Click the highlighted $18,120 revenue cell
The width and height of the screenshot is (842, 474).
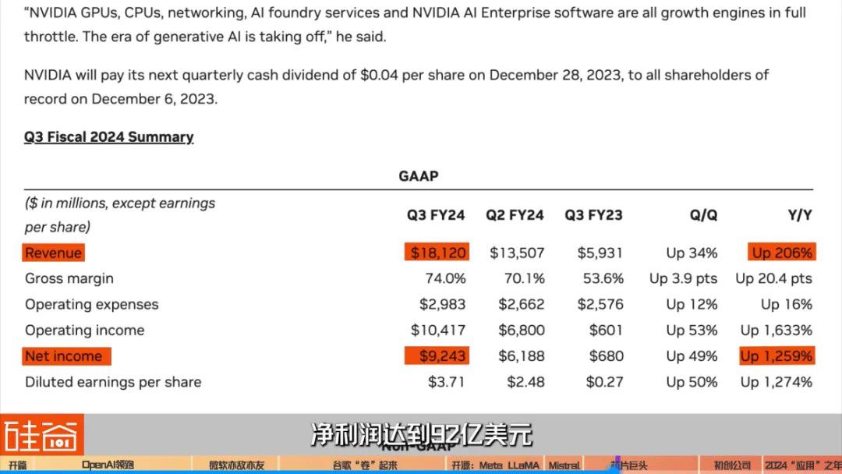437,253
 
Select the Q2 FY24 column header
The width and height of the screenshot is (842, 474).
515,215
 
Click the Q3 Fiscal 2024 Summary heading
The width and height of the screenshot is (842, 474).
108,137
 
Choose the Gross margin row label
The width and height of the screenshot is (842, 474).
69,278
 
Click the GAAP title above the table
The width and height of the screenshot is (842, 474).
419,176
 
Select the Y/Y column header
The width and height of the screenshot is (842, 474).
799,215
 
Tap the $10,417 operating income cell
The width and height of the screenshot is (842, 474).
438,330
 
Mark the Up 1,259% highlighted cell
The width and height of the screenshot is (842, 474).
776,356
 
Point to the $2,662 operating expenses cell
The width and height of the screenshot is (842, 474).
521,304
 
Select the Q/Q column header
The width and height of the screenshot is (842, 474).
703,215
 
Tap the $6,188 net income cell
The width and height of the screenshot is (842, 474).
521,356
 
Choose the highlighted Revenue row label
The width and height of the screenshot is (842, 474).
53,253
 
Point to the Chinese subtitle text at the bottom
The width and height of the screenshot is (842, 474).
421,434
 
